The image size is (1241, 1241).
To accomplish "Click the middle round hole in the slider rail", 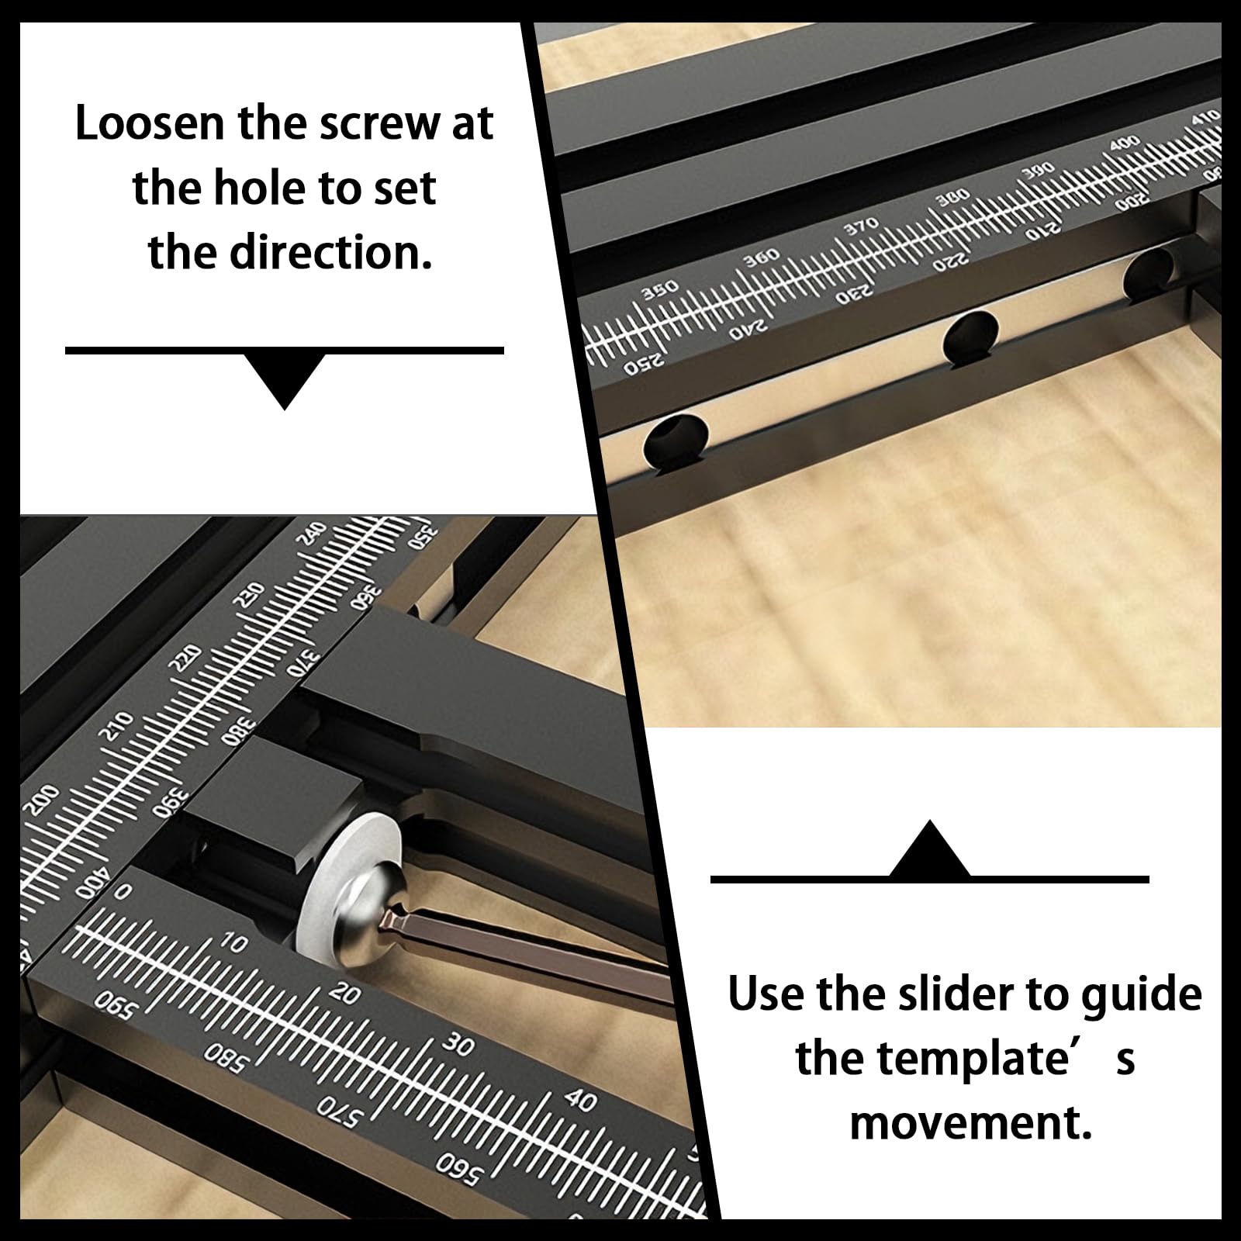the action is (970, 337).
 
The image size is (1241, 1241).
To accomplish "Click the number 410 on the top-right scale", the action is (1206, 118).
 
